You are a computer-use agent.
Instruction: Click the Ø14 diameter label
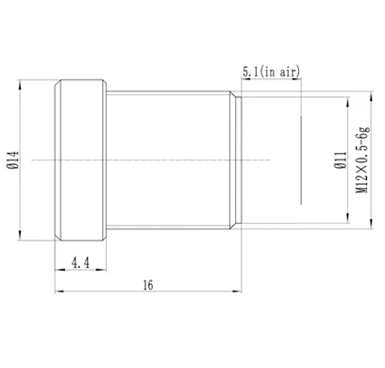click(x=13, y=160)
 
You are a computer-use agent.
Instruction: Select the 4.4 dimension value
click(x=80, y=262)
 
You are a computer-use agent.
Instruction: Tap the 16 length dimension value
click(x=148, y=285)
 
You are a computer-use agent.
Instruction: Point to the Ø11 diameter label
click(x=341, y=160)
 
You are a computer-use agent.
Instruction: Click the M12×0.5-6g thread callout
click(x=362, y=160)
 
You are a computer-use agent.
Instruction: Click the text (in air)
click(x=279, y=72)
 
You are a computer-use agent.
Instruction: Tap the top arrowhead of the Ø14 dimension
click(x=20, y=85)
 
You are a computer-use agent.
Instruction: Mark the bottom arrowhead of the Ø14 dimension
click(x=20, y=235)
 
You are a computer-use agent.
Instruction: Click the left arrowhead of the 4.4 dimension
click(x=60, y=270)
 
